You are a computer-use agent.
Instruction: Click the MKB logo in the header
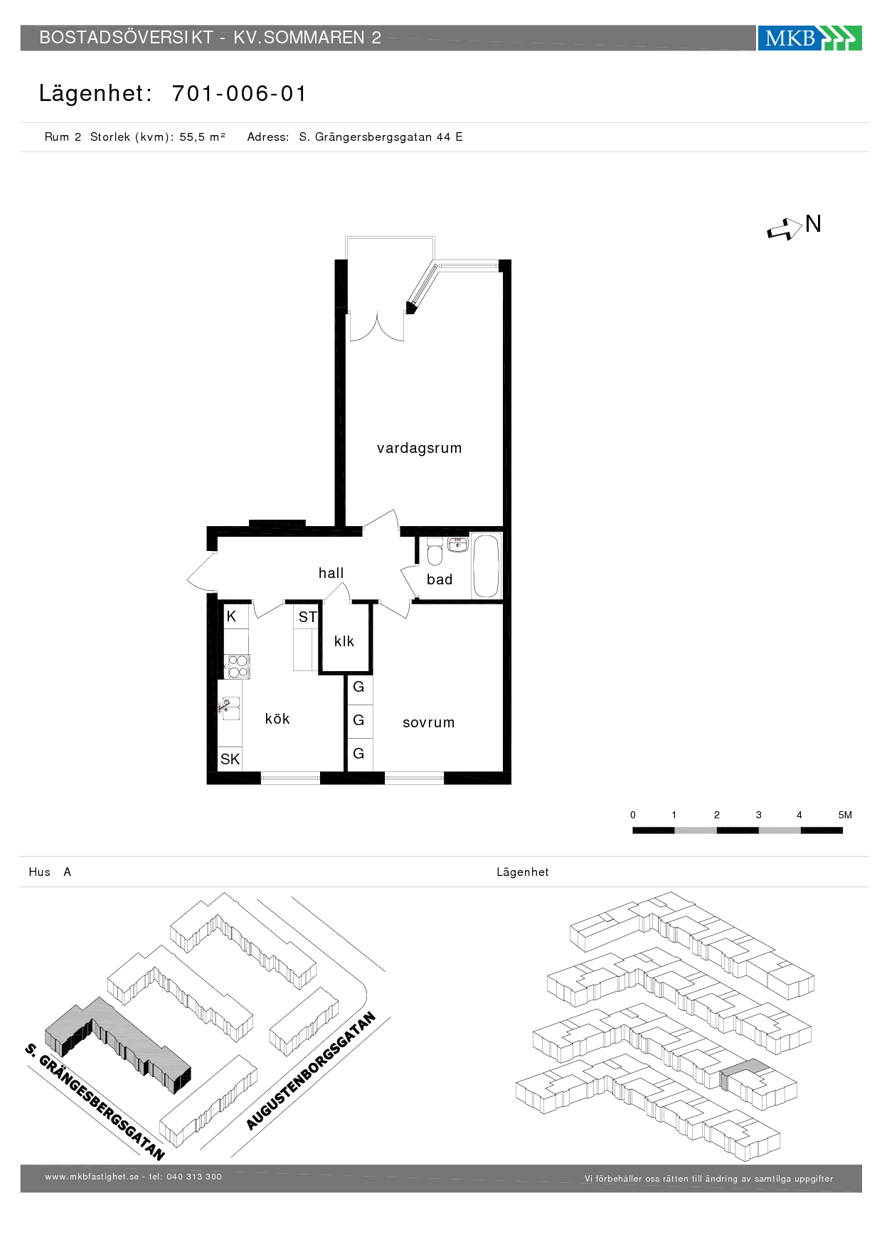click(x=809, y=38)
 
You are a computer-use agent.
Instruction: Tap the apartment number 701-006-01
click(x=239, y=93)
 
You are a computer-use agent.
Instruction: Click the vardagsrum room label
click(x=419, y=448)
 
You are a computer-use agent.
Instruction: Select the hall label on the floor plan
click(x=331, y=572)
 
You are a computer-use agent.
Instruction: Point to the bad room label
click(x=440, y=579)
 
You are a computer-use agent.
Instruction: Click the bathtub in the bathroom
click(x=487, y=566)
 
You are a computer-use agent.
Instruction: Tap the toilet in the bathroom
click(x=435, y=552)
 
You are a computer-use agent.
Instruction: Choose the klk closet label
click(x=344, y=641)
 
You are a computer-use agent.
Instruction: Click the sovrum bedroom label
click(x=428, y=722)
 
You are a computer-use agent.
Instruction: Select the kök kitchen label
click(x=277, y=719)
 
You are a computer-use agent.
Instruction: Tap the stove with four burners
click(x=238, y=667)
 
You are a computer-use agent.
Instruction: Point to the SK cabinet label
click(x=230, y=759)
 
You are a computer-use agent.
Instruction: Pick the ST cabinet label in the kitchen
click(x=307, y=617)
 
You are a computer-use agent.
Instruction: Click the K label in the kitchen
click(x=231, y=616)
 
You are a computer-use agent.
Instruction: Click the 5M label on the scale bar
click(x=845, y=815)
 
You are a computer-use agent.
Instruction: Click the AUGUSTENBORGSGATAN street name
click(x=311, y=1071)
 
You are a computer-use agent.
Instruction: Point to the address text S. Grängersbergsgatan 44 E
click(x=381, y=137)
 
